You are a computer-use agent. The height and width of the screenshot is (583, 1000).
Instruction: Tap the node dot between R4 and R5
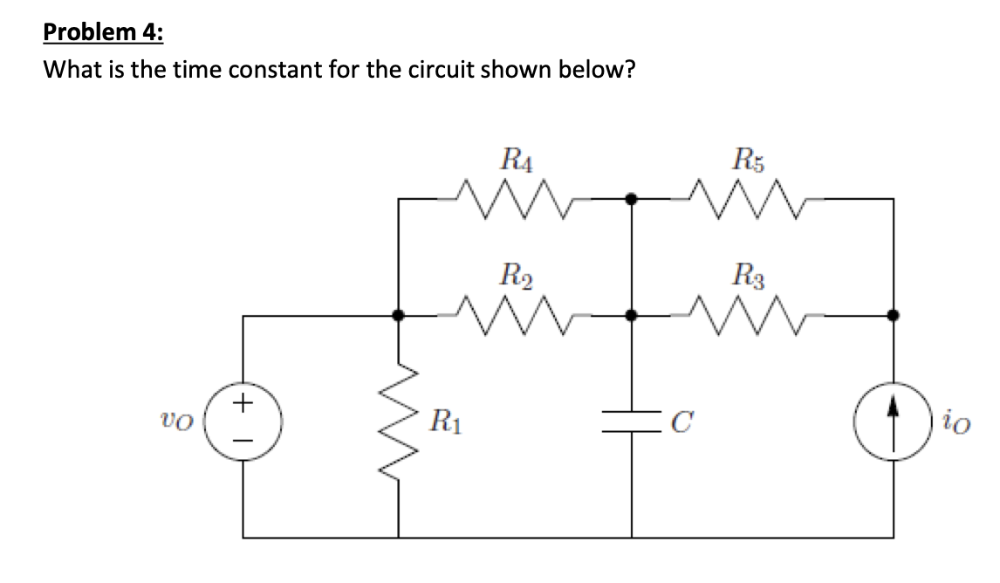(633, 200)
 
